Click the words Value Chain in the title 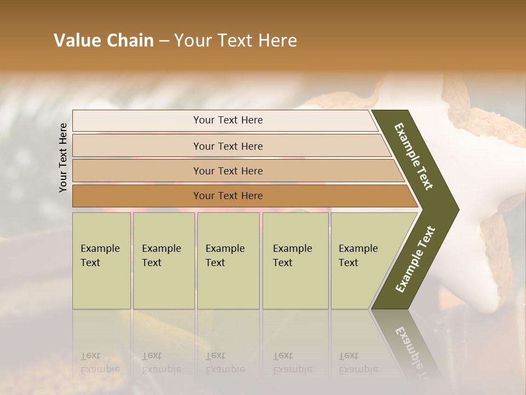(104, 41)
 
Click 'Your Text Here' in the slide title (236, 41)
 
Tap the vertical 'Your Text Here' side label (63, 157)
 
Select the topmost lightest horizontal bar (227, 120)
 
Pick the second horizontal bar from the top (227, 146)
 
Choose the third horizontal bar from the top (227, 171)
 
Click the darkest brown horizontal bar (227, 196)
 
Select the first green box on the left (101, 261)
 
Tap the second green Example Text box (163, 261)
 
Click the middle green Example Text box (228, 261)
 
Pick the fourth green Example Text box (295, 261)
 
